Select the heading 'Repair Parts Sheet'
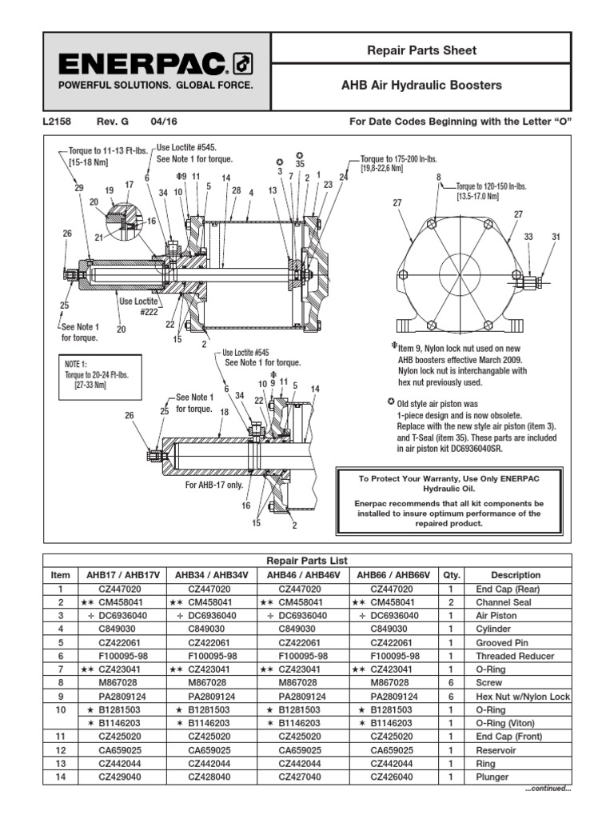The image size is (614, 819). tap(432, 50)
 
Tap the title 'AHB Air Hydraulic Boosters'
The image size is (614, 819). tap(433, 85)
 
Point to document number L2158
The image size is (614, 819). tap(55, 122)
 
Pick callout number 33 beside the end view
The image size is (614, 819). tap(528, 237)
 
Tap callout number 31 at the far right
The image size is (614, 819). tap(556, 237)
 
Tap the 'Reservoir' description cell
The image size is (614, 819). tap(518, 750)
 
